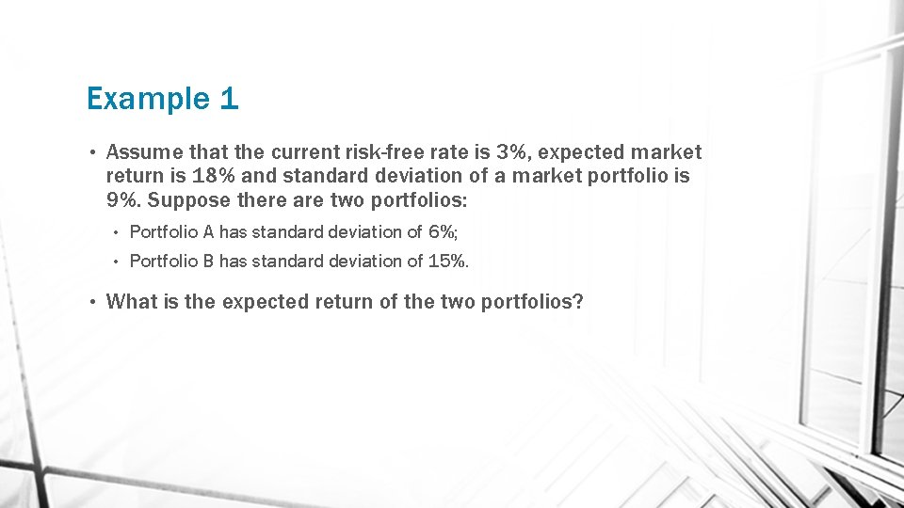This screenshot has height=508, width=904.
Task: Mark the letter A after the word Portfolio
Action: (209, 231)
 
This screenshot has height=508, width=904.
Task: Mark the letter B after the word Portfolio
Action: (209, 261)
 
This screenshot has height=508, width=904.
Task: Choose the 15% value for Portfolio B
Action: (447, 261)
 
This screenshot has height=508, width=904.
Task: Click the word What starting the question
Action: (129, 301)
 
